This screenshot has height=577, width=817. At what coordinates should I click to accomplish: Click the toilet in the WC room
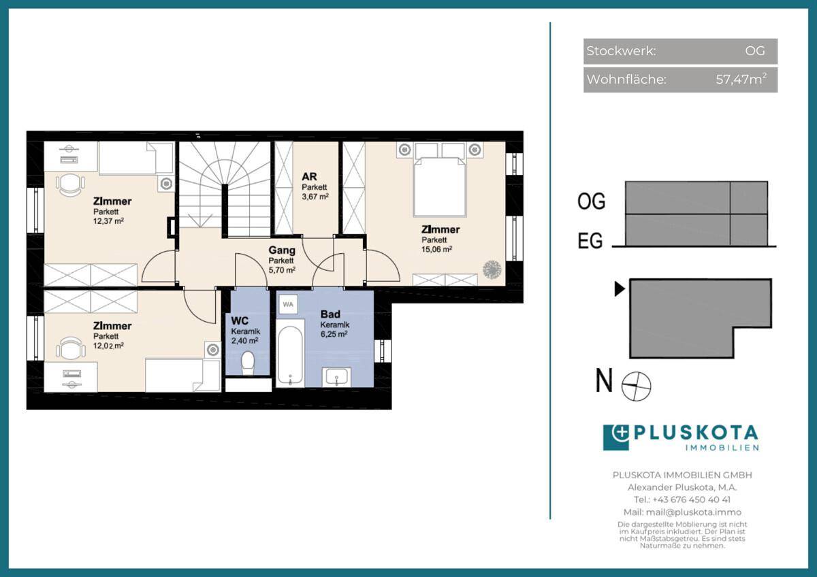pos(248,363)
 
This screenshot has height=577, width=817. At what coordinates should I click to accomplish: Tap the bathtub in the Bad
pos(290,353)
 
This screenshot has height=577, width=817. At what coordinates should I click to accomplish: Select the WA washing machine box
pos(288,304)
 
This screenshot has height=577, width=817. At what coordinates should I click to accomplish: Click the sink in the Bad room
pos(336,377)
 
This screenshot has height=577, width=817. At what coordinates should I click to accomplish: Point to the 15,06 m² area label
pos(436,249)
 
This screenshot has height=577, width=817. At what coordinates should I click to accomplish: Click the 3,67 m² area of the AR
pos(315,197)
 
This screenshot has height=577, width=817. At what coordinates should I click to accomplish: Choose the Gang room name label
pos(282,250)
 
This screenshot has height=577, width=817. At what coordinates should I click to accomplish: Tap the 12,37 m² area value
pos(108,221)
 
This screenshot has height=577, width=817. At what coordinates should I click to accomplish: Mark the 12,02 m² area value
pos(108,346)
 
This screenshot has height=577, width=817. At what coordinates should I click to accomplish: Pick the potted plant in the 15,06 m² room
pos(492,269)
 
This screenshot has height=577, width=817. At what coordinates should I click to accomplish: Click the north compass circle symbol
pos(636,386)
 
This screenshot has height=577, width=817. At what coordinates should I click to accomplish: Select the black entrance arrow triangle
pos(620,289)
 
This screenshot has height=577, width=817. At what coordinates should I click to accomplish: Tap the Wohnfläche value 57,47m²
pos(741,79)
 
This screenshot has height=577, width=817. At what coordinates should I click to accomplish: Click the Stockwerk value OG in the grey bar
pos(755,50)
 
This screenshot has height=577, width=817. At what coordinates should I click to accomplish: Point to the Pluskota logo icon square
pos(616,438)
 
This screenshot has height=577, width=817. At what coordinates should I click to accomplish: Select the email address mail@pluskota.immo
pos(694,512)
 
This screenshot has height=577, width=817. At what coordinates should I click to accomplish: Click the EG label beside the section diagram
pos(590,241)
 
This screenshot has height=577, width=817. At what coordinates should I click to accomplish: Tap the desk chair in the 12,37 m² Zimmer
pos(70,185)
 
